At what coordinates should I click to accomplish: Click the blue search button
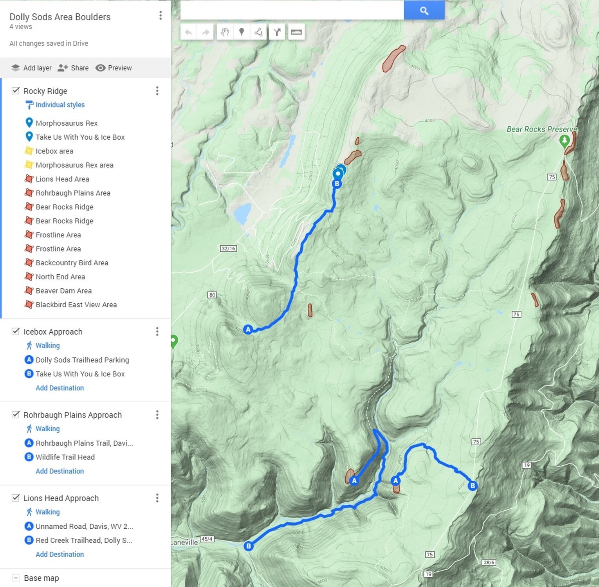(x=424, y=11)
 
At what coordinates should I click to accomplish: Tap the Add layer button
(x=32, y=68)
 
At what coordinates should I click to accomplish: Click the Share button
(x=73, y=68)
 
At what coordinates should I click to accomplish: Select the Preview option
(x=114, y=68)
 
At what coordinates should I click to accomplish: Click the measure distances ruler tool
(x=296, y=32)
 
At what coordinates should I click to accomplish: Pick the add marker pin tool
(x=242, y=32)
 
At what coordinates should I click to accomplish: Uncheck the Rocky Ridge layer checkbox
(x=16, y=91)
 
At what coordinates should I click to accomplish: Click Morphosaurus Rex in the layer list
(x=67, y=123)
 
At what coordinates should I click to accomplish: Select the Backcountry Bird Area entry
(x=72, y=263)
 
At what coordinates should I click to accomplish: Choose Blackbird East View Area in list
(x=76, y=304)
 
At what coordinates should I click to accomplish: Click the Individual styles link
(x=60, y=104)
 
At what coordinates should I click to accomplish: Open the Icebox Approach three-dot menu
(x=157, y=331)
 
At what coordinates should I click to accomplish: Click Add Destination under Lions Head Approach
(x=60, y=554)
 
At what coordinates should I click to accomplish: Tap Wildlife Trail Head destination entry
(x=65, y=457)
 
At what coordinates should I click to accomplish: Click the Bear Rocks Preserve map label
(x=541, y=129)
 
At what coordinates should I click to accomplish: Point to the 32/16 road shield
(x=228, y=248)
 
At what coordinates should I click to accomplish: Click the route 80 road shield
(x=212, y=295)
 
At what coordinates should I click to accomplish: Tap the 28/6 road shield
(x=489, y=562)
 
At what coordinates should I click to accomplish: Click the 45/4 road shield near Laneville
(x=207, y=539)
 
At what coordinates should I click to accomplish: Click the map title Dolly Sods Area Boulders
(x=60, y=17)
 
